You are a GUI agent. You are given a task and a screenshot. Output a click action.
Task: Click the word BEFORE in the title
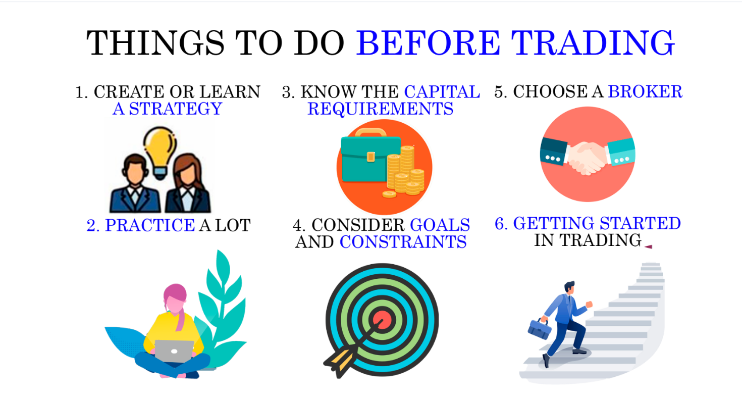coord(428,43)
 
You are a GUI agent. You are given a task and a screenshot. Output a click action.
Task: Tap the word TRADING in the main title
coord(593,43)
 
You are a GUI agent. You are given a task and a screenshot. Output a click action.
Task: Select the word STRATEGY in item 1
coord(176,109)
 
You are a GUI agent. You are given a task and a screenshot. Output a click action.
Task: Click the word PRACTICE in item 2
coord(150,225)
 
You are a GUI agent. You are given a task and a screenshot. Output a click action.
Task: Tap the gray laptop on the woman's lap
coord(174,351)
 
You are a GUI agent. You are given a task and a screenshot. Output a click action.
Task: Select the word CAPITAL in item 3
coord(442,92)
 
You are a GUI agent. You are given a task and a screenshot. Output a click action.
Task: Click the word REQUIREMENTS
coord(380,109)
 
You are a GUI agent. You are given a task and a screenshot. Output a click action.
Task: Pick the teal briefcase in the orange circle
coord(370,159)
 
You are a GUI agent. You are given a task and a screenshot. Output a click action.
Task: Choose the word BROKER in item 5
coord(645,91)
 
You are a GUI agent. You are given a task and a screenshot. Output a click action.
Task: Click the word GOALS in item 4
coord(440,225)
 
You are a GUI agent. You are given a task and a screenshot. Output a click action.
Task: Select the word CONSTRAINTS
coord(403,242)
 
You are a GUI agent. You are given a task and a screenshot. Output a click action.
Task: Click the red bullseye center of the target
coord(383,320)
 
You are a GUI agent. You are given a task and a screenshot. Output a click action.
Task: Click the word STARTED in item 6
coord(641,223)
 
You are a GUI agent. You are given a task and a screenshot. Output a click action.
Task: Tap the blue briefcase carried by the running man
coord(539,329)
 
